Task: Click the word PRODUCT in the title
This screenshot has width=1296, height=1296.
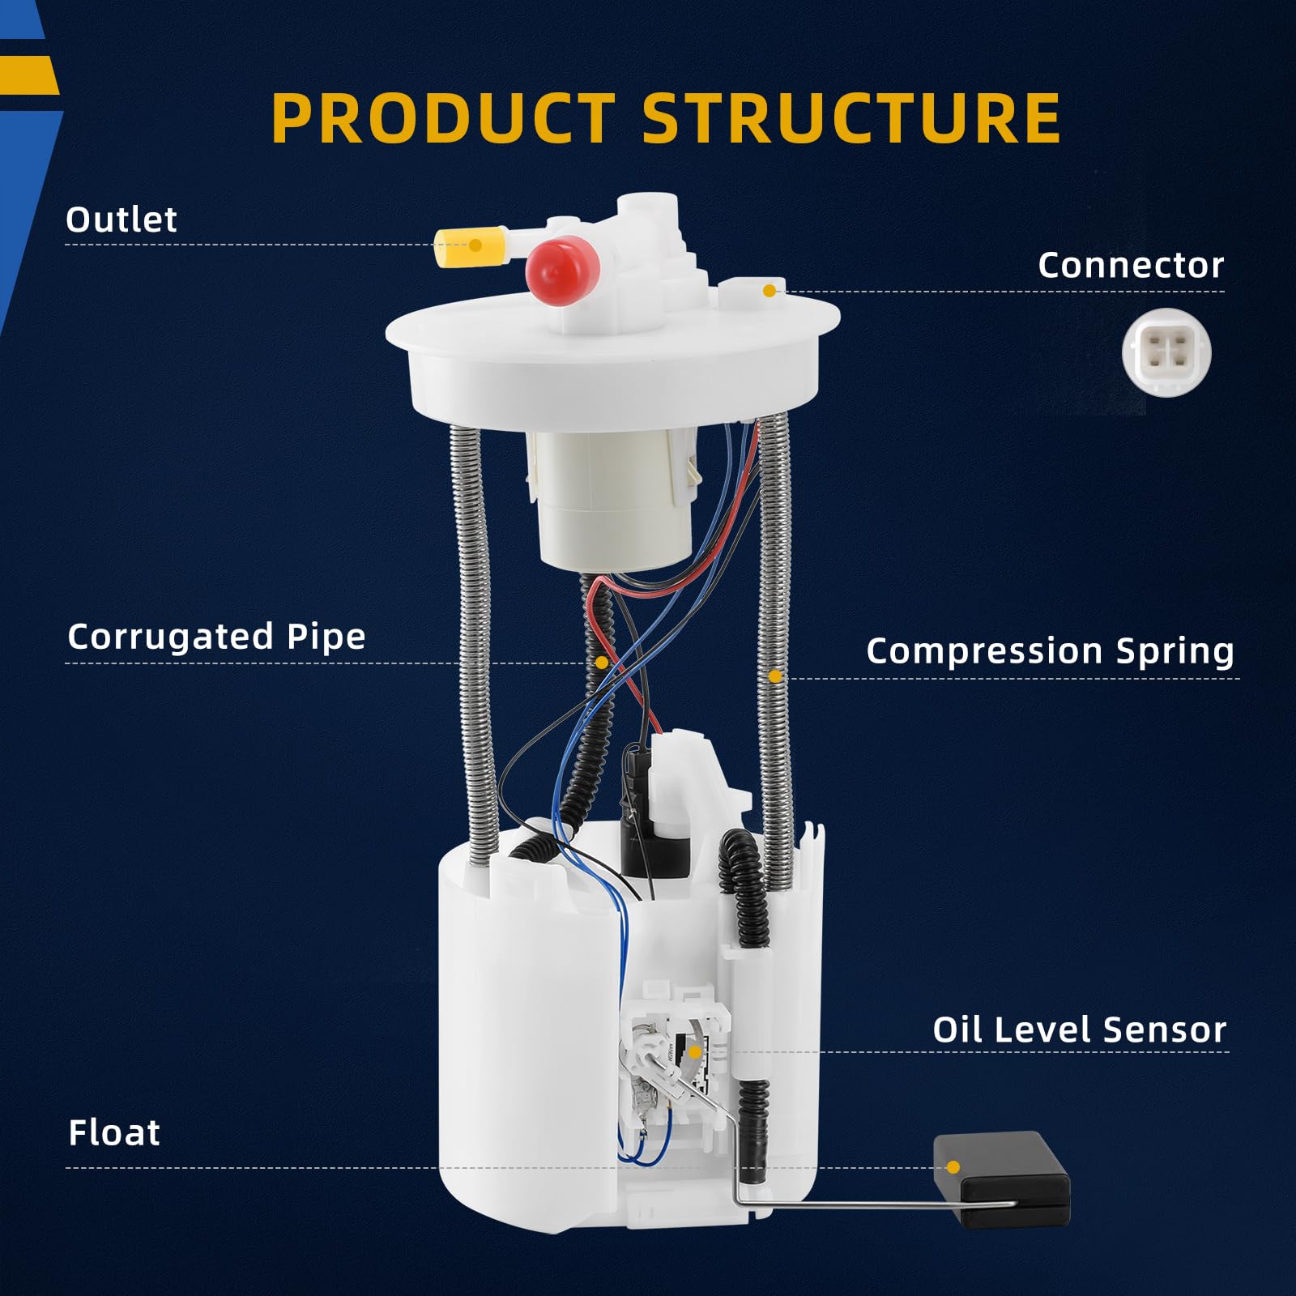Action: [x=443, y=118]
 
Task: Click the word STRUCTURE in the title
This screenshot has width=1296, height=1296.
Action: [x=851, y=118]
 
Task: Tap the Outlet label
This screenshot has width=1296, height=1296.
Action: [x=122, y=220]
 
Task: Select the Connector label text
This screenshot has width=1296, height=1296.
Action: [x=1131, y=265]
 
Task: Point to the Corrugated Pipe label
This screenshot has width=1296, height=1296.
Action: [x=216, y=637]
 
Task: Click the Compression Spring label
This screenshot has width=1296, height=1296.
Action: [x=1050, y=650]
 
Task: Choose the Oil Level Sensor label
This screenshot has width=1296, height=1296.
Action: [x=1079, y=1030]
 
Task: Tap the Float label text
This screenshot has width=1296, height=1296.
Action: [x=114, y=1132]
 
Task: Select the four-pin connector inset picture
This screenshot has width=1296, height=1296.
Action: [x=1166, y=353]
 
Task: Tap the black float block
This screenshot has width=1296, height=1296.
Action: [x=1001, y=1179]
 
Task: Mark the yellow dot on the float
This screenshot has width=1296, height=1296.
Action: [x=953, y=1167]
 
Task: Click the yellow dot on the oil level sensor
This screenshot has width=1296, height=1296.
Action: [x=694, y=1052]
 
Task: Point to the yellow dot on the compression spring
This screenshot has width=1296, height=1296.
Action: [x=775, y=676]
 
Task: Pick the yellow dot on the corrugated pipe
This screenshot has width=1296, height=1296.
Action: [x=602, y=663]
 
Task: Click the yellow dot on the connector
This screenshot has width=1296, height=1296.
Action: [x=769, y=290]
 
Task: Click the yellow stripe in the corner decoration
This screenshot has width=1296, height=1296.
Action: [x=29, y=75]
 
